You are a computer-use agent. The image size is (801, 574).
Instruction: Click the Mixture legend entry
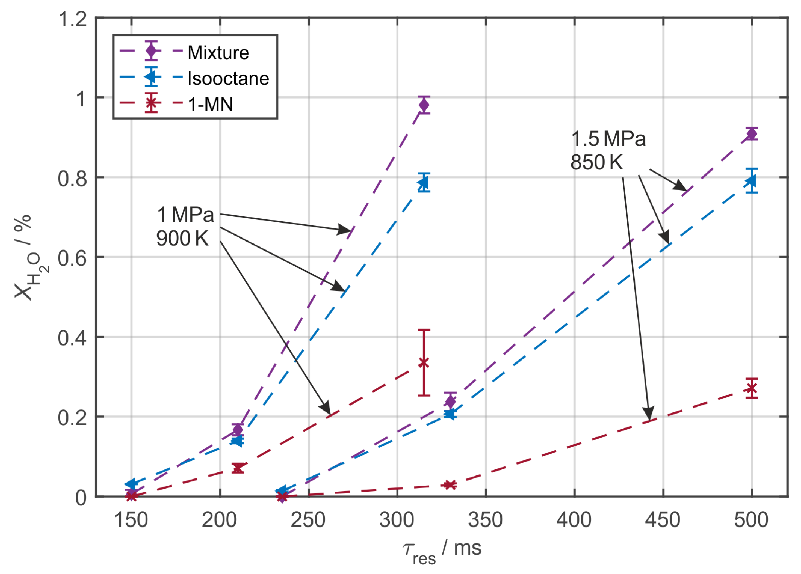click(x=218, y=53)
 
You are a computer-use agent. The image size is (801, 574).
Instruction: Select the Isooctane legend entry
click(x=228, y=78)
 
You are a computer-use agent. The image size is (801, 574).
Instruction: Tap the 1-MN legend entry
click(x=211, y=105)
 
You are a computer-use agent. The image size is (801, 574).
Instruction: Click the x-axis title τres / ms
click(x=442, y=549)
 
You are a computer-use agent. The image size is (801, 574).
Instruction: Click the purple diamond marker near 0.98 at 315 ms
click(x=424, y=105)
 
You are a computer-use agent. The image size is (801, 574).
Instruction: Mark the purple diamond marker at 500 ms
click(x=752, y=134)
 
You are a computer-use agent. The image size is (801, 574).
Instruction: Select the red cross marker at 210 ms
click(x=238, y=468)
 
